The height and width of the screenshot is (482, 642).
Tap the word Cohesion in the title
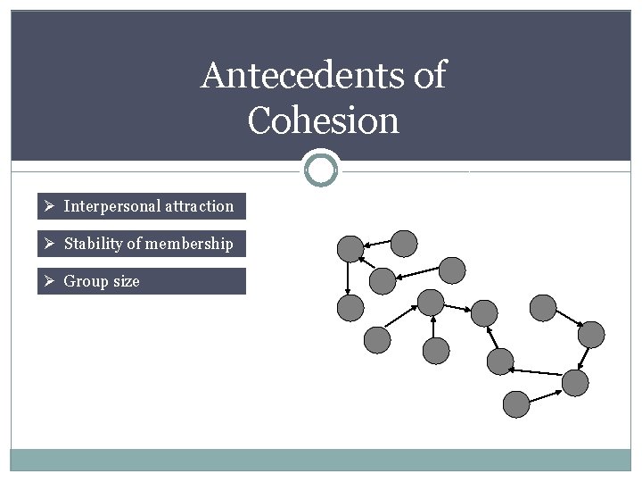(323, 120)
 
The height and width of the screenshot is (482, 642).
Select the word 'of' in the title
(429, 76)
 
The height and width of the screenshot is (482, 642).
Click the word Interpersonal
(111, 206)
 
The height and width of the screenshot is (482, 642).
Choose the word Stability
(97, 244)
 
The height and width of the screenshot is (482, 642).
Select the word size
(126, 281)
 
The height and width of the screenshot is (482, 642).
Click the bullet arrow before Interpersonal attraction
(51, 206)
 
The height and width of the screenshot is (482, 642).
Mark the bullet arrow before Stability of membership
(51, 244)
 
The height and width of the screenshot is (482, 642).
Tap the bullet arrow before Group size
(51, 281)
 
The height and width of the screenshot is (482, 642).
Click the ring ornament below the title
(321, 168)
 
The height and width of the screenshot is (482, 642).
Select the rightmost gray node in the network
(590, 335)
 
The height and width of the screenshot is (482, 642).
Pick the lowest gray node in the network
(516, 404)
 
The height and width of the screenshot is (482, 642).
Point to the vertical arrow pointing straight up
(433, 327)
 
